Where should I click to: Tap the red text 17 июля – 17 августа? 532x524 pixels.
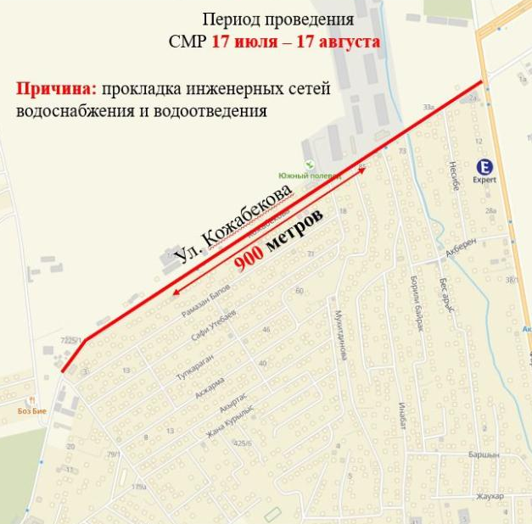[296, 41]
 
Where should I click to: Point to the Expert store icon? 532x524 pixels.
[484, 166]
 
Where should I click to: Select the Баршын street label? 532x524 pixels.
[482, 455]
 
